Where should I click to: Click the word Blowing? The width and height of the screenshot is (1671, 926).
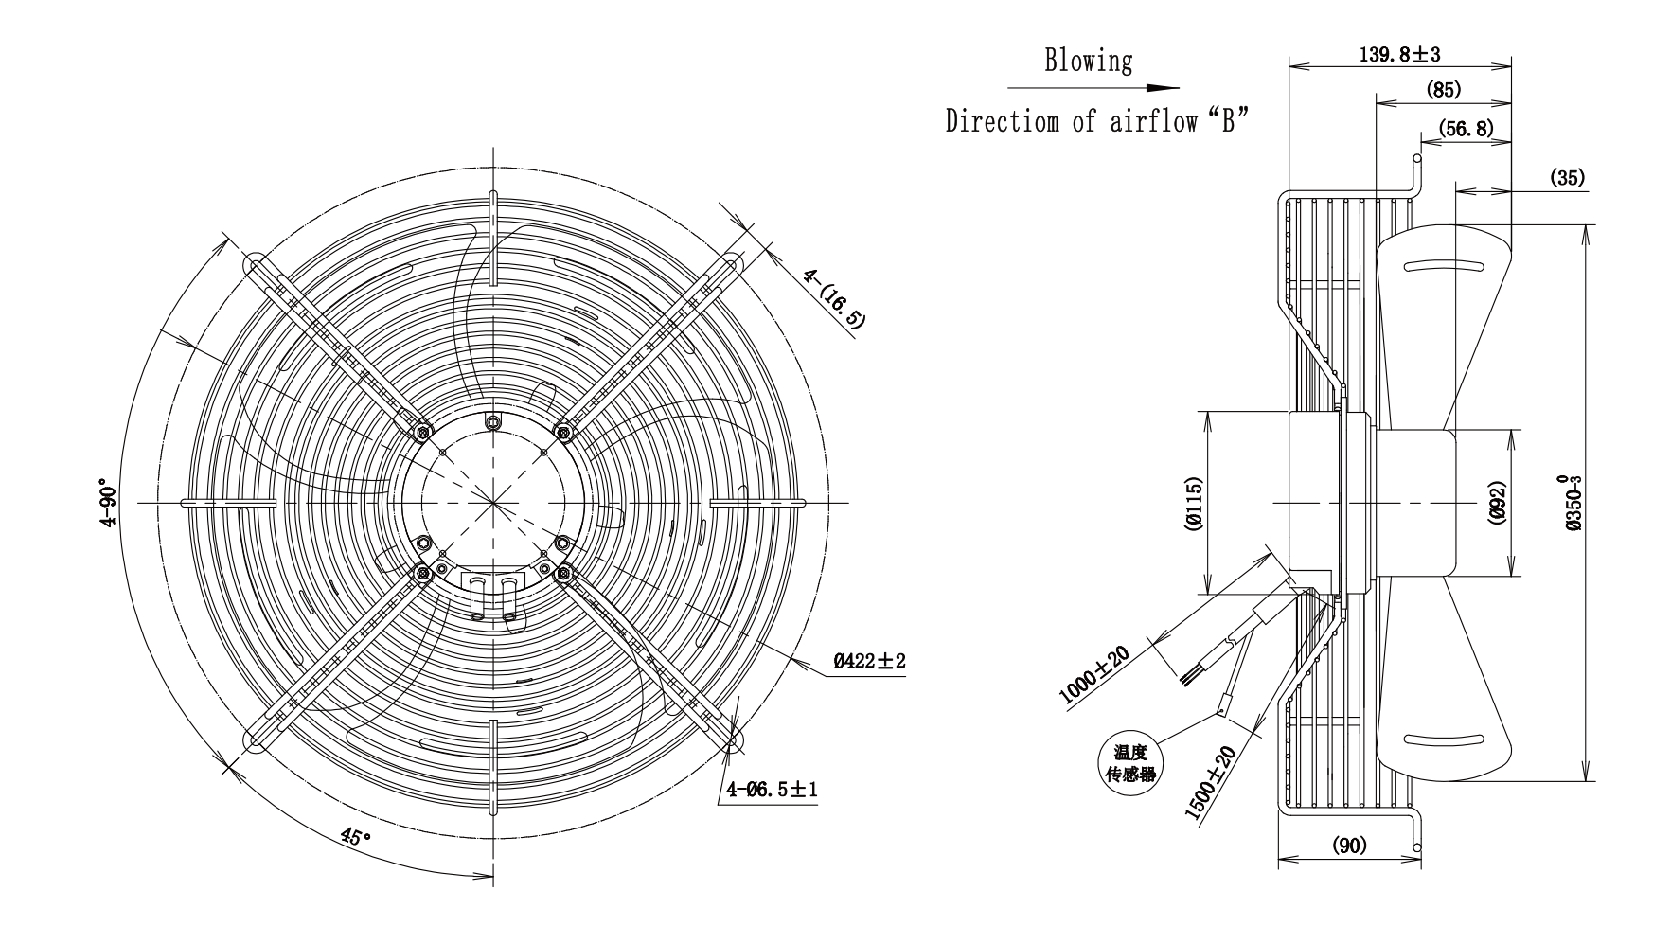(1088, 62)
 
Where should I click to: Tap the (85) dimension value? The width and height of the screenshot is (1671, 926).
(1443, 90)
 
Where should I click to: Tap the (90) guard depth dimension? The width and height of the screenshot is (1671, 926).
(1349, 846)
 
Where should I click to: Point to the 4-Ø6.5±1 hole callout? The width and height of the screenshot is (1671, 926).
(772, 788)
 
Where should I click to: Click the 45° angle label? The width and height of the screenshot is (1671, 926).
(356, 837)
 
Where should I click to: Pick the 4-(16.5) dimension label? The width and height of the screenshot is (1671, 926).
(834, 297)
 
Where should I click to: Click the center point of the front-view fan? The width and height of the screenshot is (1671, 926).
(492, 502)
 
